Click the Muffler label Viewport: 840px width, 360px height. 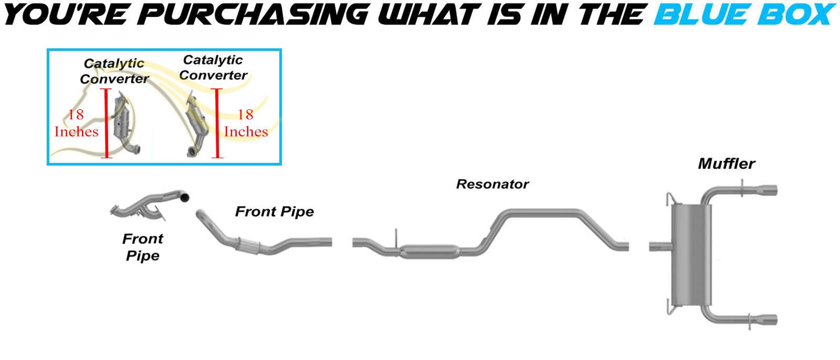pyautogui.click(x=726, y=164)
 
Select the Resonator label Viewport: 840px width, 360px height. pyautogui.click(x=492, y=184)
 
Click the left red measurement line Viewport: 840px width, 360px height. pyautogui.click(x=106, y=123)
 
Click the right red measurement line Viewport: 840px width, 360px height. pyautogui.click(x=217, y=123)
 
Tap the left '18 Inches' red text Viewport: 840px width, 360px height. pyautogui.click(x=76, y=123)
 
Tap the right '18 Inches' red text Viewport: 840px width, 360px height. pyautogui.click(x=246, y=123)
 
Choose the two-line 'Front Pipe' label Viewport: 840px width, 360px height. pyautogui.click(x=142, y=247)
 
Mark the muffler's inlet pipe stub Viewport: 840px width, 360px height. pyautogui.click(x=659, y=247)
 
